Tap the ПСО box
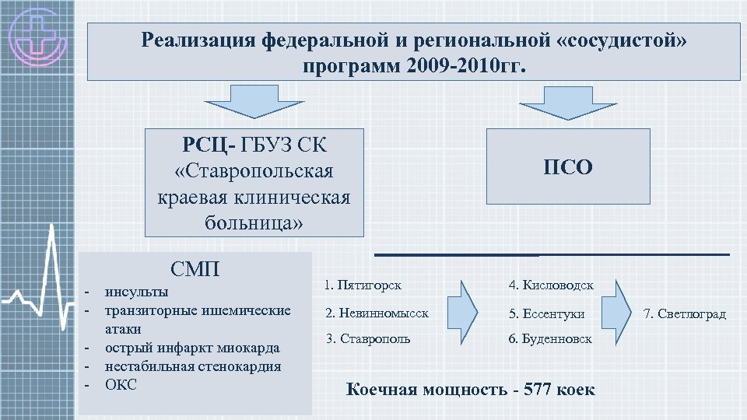coord(567,166)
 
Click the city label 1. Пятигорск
coord(363,285)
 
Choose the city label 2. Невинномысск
coord(377,313)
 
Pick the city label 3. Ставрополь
coord(367,339)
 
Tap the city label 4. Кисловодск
coord(551,285)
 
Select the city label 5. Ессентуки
coord(546,313)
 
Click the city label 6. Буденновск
coord(550,339)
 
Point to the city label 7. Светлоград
coord(685,314)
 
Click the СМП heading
coord(195,270)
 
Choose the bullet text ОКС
coord(121,384)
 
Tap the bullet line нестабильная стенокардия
coord(193,366)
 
